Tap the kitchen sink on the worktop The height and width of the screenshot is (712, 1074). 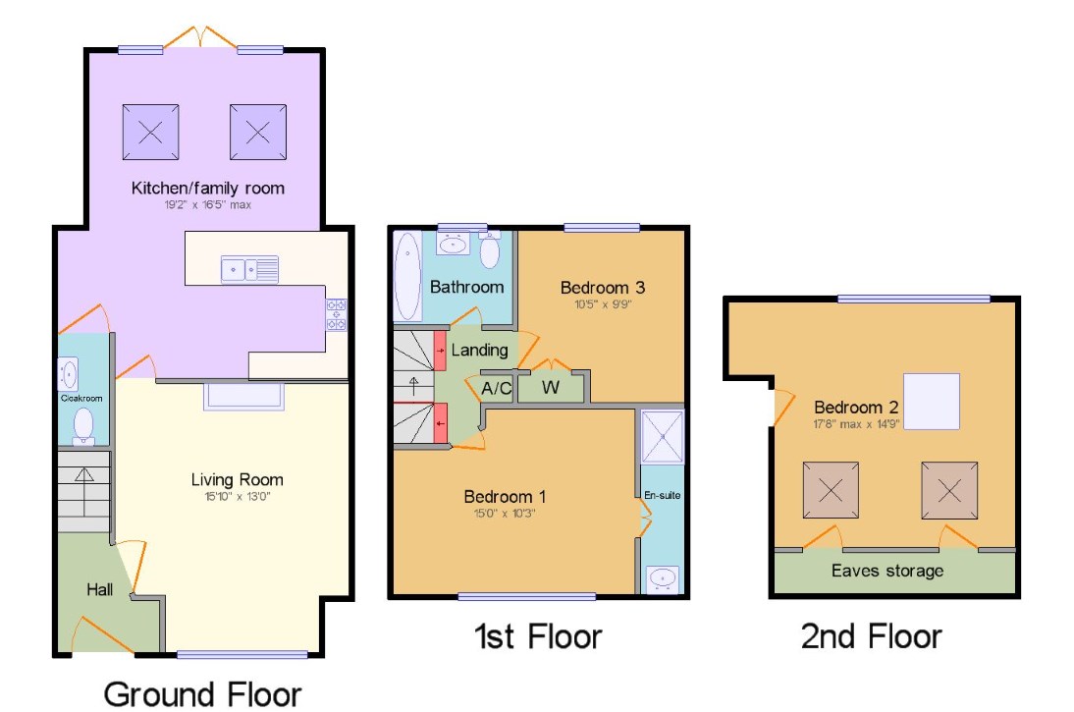pyautogui.click(x=249, y=267)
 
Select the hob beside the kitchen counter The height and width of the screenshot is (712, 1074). pyautogui.click(x=336, y=314)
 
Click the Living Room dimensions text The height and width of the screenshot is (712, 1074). pyautogui.click(x=237, y=497)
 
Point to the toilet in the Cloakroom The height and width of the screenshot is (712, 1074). pyautogui.click(x=83, y=425)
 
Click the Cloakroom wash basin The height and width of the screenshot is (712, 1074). pyautogui.click(x=69, y=374)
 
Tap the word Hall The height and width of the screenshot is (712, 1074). pyautogui.click(x=99, y=590)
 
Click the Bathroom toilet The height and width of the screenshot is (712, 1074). pyautogui.click(x=489, y=251)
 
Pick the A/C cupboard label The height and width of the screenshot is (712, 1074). pyautogui.click(x=497, y=388)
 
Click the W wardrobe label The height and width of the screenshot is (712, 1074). pyautogui.click(x=551, y=388)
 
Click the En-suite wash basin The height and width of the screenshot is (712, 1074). pyautogui.click(x=662, y=576)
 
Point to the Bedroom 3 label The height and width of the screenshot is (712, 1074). pyautogui.click(x=603, y=288)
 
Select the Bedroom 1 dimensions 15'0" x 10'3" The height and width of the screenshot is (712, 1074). pyautogui.click(x=506, y=513)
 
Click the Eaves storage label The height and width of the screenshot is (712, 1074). pyautogui.click(x=886, y=571)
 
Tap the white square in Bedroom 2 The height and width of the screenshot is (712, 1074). pyautogui.click(x=931, y=402)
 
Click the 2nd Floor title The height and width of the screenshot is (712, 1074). pyautogui.click(x=872, y=636)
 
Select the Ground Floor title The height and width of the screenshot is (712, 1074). pyautogui.click(x=202, y=693)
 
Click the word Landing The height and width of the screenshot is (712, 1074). pyautogui.click(x=479, y=350)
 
